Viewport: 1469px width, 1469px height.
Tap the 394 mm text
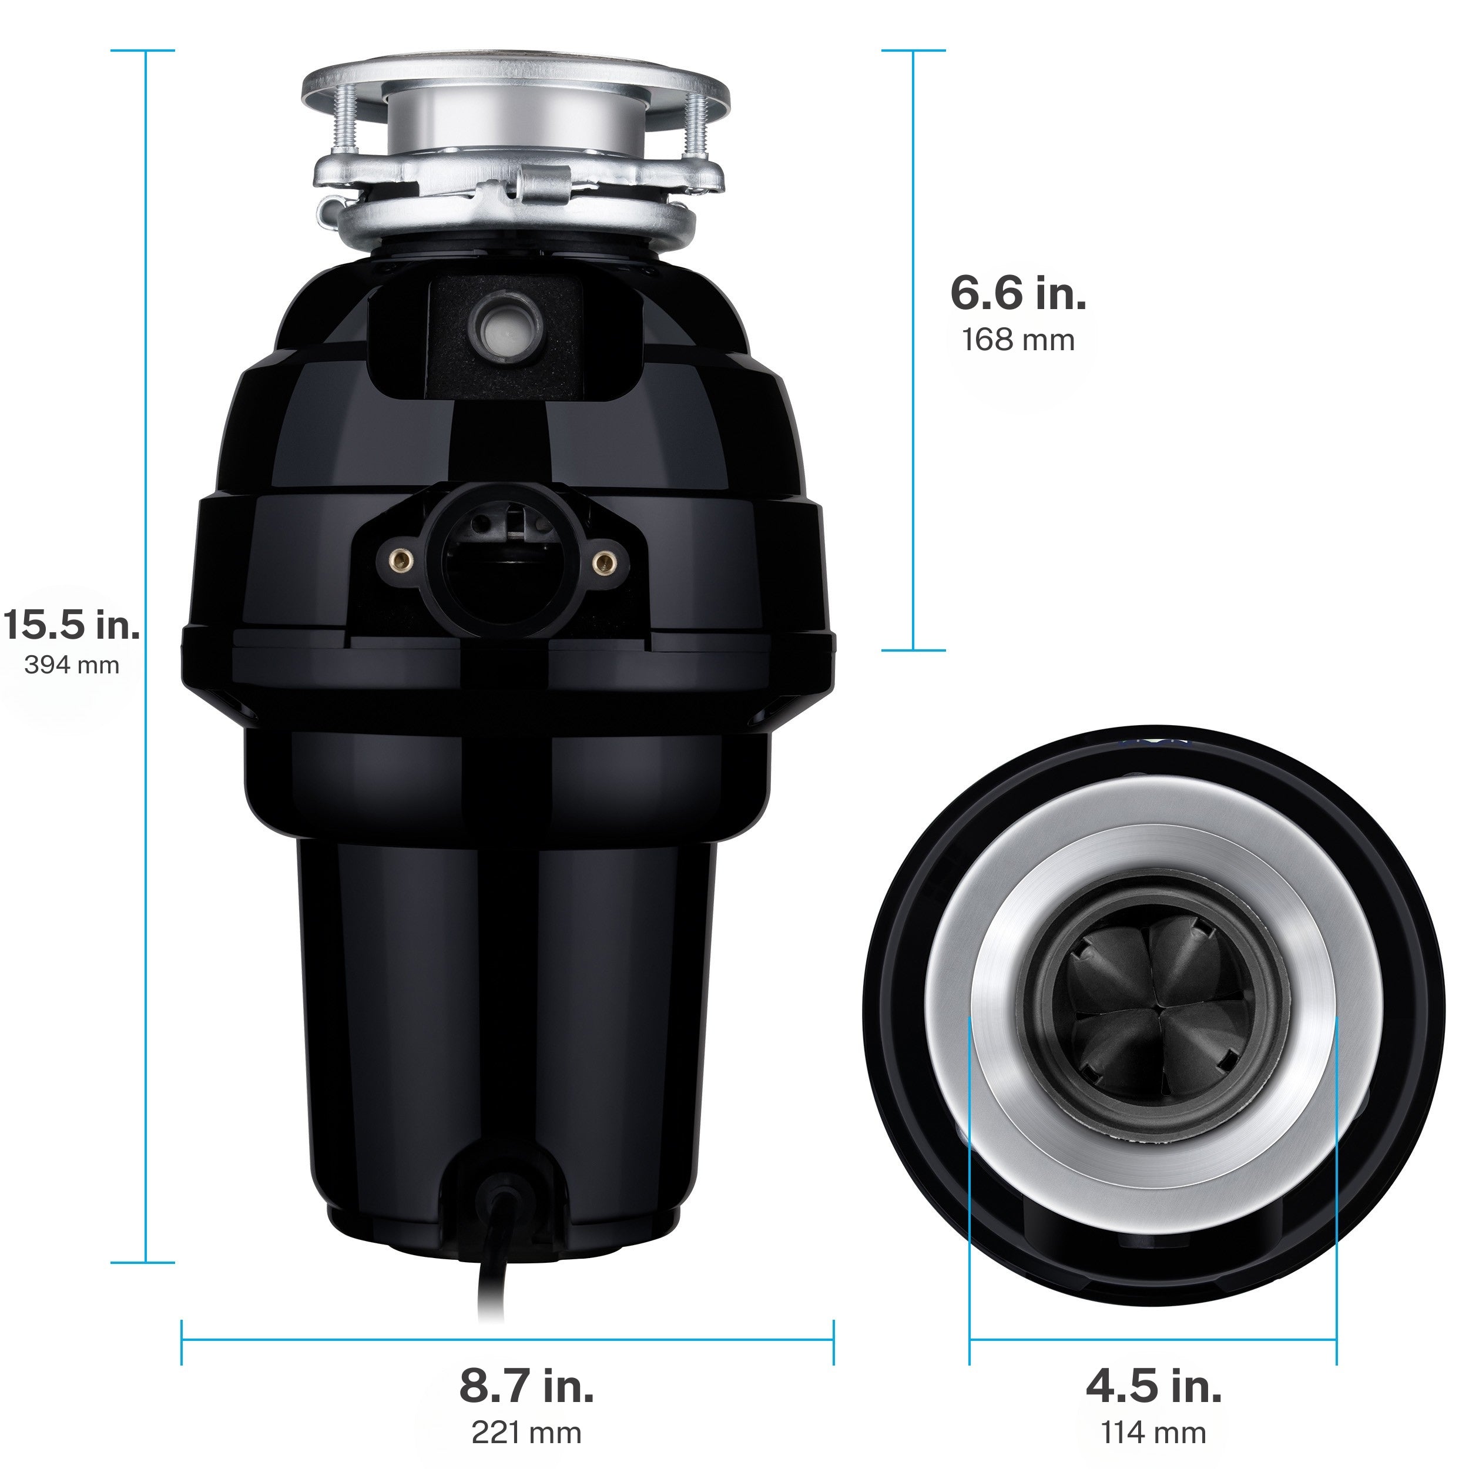coord(72,665)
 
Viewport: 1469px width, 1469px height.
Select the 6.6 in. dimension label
coord(1017,293)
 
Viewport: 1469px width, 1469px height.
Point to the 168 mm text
coord(1017,340)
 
